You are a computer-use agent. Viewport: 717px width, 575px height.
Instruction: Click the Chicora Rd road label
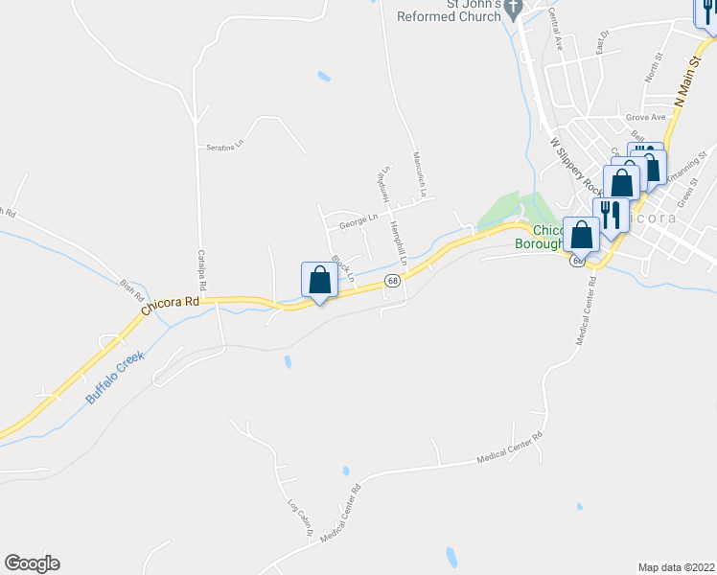pyautogui.click(x=171, y=305)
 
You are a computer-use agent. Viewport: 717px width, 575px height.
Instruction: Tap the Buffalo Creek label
pyautogui.click(x=114, y=377)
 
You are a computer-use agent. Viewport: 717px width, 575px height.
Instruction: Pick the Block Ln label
pyautogui.click(x=342, y=268)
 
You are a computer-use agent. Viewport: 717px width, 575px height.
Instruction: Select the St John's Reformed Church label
pyautogui.click(x=450, y=11)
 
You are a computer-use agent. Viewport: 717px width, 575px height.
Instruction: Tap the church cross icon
pyautogui.click(x=514, y=12)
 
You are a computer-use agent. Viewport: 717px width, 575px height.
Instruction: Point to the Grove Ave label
pyautogui.click(x=645, y=118)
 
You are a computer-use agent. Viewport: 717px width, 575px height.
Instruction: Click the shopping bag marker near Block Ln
pyautogui.click(x=319, y=280)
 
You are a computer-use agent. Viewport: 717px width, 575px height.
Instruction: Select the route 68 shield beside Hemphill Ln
pyautogui.click(x=392, y=280)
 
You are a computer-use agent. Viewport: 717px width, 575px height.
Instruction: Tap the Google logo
pyautogui.click(x=32, y=563)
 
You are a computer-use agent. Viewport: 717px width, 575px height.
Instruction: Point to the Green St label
pyautogui.click(x=685, y=197)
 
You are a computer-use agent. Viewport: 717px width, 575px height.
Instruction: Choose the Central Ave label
pyautogui.click(x=556, y=30)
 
